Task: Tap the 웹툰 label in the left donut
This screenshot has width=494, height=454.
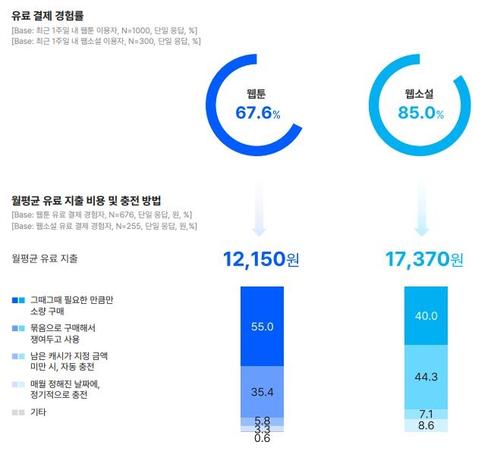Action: click(256, 94)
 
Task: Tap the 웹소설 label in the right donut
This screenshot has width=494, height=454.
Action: click(420, 94)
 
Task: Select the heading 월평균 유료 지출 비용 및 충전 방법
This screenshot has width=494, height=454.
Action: click(87, 200)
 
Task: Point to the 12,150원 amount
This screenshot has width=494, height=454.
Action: click(261, 260)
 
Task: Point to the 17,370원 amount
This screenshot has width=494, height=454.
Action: click(423, 260)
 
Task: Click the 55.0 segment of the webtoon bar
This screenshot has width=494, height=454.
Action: click(262, 326)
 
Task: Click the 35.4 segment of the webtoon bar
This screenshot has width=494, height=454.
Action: click(262, 391)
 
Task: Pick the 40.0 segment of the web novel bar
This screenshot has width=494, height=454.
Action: click(426, 315)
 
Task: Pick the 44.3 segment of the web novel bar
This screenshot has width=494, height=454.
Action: click(426, 377)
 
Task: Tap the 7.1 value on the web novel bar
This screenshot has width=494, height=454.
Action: click(426, 414)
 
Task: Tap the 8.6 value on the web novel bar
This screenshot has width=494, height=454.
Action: click(426, 426)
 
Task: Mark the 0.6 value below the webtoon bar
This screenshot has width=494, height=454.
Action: click(262, 438)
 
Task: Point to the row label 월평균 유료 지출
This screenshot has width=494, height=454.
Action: click(45, 258)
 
